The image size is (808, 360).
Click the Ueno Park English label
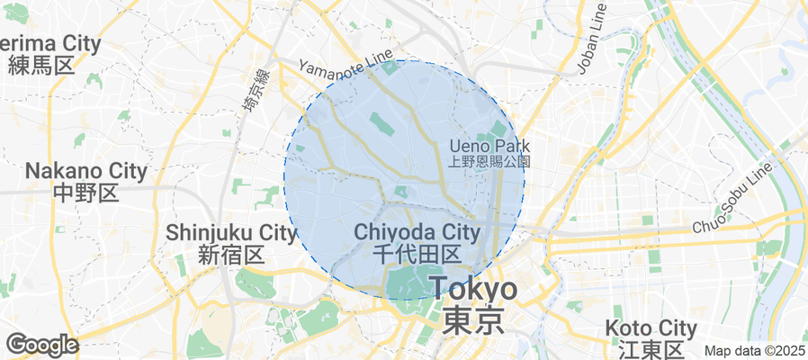[490, 146]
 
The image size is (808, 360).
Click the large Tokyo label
[473, 290]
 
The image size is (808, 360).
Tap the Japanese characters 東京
[473, 321]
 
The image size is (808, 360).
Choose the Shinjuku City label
[231, 233]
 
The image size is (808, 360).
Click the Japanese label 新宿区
[231, 255]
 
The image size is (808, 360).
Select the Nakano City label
[85, 170]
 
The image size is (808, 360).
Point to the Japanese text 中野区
[85, 192]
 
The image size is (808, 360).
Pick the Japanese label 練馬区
[40, 65]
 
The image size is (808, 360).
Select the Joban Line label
[592, 38]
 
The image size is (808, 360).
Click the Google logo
[41, 345]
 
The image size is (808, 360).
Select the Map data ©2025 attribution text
[754, 351]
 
